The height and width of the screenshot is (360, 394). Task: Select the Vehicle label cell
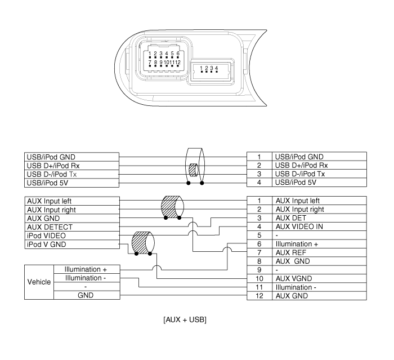(39, 282)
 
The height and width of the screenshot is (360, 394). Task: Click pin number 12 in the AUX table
(259, 295)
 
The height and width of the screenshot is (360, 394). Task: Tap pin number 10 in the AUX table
(259, 278)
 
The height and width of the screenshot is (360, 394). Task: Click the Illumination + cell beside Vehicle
(86, 269)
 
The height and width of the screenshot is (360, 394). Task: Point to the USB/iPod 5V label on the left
(46, 182)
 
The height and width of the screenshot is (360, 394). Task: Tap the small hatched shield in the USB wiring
(193, 169)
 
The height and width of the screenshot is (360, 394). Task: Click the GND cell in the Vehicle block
(86, 295)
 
